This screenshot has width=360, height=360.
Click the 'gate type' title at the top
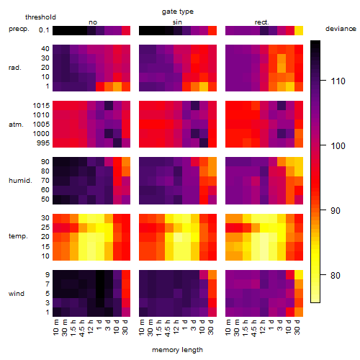coord(178,12)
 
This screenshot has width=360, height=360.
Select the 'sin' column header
coord(177,22)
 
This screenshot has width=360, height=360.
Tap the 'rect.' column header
coord(262,22)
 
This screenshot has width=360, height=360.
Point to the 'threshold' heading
coord(40,17)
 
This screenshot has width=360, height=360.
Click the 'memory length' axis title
coord(178,350)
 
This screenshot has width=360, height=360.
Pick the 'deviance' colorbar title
coord(341,29)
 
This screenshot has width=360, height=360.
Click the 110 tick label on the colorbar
coord(338,81)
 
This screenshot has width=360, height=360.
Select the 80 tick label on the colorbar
coord(336,275)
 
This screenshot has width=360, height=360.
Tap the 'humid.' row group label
coord(20,181)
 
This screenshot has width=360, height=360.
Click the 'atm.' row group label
coord(16,125)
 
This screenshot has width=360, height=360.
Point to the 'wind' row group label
coord(17,294)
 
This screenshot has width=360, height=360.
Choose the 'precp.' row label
coord(19,29)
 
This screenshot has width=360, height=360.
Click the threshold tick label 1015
coord(41,106)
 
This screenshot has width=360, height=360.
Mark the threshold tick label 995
coord(43,143)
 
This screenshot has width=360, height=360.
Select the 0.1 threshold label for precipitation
coord(44,30)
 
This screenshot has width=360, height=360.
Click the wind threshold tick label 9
coord(48,275)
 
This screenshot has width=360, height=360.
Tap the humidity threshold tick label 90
coord(45,162)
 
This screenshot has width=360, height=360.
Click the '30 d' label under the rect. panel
coord(297,327)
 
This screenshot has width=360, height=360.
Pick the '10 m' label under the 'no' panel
coord(56,327)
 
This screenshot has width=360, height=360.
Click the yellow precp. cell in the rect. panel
coord(299,30)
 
